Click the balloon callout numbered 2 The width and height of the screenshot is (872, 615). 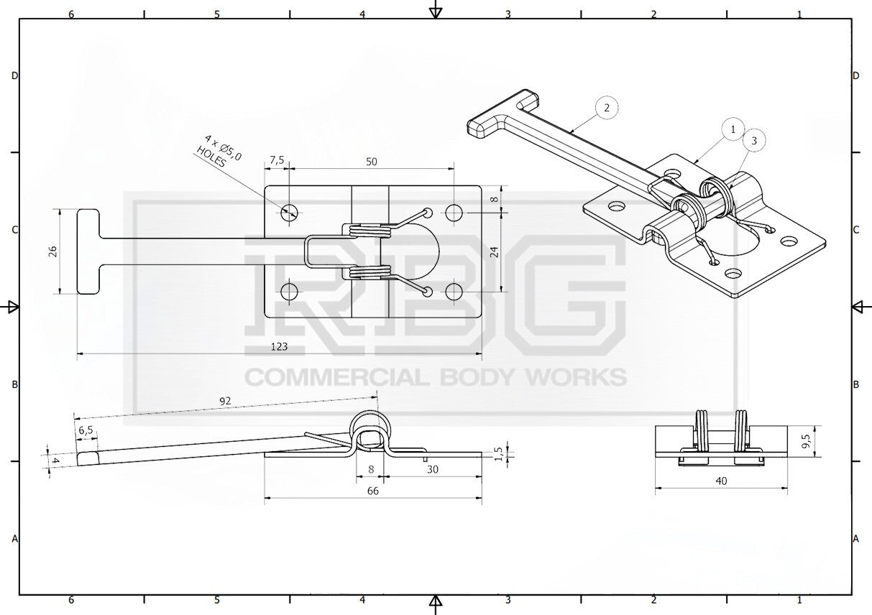click(x=607, y=107)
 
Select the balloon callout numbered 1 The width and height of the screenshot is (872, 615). click(x=733, y=129)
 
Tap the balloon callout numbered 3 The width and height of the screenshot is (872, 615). click(x=754, y=140)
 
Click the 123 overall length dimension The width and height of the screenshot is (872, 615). click(x=279, y=346)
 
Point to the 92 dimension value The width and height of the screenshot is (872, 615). click(x=225, y=401)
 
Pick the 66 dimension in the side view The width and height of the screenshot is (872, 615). click(x=372, y=491)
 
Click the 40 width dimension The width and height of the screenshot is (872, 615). click(x=721, y=481)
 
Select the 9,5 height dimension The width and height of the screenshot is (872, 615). click(x=806, y=440)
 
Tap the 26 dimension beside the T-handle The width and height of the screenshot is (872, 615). click(x=53, y=251)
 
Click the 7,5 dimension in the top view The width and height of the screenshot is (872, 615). click(x=277, y=160)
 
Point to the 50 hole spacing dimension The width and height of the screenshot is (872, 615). click(x=372, y=162)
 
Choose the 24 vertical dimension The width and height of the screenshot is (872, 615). click(x=494, y=252)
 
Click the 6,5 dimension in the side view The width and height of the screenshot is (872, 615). click(x=86, y=430)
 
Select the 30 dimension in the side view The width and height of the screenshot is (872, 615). click(x=433, y=470)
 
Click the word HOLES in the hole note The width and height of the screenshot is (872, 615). click(x=211, y=157)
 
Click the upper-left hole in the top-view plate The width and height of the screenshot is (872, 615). click(x=289, y=212)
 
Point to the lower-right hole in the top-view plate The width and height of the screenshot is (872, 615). click(x=454, y=292)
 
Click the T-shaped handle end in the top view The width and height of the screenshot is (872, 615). click(x=88, y=251)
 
